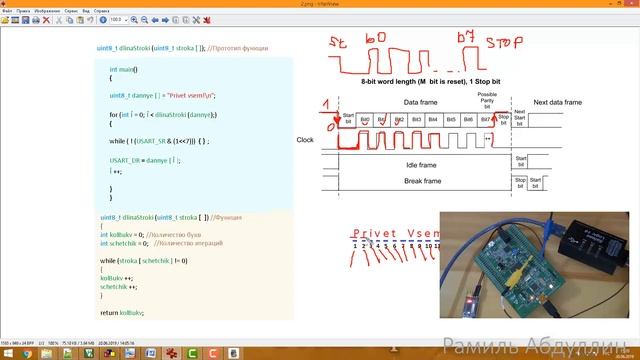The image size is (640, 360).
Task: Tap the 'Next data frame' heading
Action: click(557, 103)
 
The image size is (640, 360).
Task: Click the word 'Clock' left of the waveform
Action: click(306, 140)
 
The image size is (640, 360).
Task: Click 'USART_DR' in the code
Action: click(126, 160)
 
